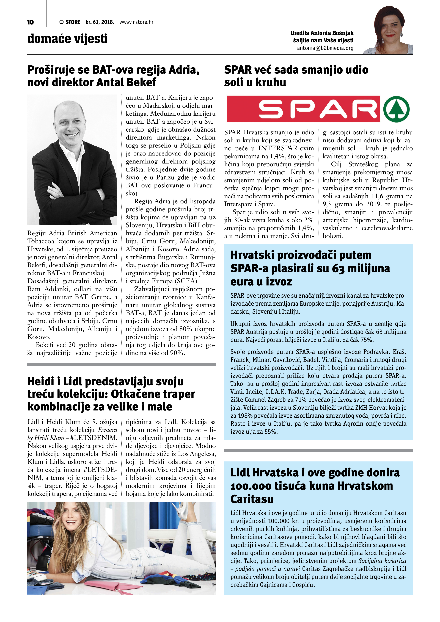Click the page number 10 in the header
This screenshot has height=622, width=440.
coord(30,22)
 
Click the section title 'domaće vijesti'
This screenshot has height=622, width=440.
coord(67,39)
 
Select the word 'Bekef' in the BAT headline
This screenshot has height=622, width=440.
coord(141,82)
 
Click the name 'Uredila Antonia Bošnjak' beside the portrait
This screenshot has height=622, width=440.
coord(322,33)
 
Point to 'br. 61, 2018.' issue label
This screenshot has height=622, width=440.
coord(100,22)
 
